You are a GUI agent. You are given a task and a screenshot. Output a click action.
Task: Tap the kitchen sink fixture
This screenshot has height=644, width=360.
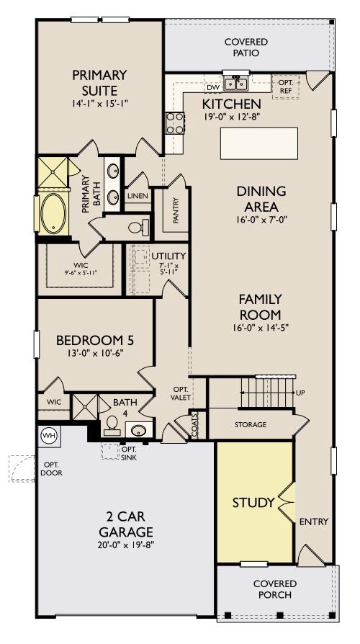point(235,85)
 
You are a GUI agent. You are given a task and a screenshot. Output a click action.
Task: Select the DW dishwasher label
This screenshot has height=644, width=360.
point(212,88)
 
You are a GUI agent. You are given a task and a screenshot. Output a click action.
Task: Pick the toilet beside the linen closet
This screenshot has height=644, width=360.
point(138,228)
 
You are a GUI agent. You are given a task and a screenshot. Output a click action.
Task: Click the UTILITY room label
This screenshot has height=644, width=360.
point(168,256)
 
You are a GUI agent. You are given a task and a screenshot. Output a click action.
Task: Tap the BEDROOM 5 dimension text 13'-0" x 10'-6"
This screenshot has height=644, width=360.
point(94,353)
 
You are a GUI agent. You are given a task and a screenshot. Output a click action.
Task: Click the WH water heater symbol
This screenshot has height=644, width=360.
point(49,435)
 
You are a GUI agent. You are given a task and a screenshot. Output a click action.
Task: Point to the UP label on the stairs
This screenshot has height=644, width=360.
point(299,393)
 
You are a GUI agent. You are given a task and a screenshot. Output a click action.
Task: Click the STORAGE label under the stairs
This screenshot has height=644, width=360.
point(250,425)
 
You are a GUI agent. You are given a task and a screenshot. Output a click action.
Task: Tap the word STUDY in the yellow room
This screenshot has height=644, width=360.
point(253,502)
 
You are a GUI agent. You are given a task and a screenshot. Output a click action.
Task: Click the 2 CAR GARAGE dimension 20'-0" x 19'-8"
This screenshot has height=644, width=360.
point(126,545)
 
